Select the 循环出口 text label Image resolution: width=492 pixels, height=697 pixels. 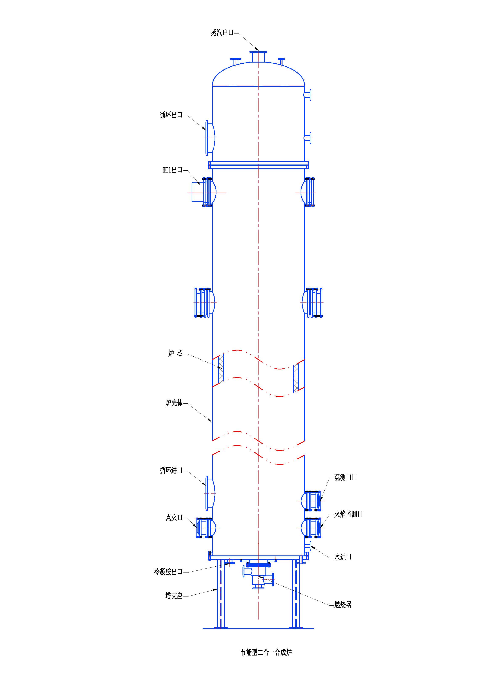[171, 115]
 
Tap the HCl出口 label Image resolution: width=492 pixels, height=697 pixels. [172, 170]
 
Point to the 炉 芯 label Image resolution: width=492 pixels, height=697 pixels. [175, 353]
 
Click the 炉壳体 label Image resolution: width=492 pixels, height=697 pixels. [174, 403]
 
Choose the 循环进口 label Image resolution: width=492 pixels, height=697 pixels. [171, 470]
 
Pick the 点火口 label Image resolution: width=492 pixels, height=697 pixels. [174, 518]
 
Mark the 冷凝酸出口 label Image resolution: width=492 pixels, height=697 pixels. [168, 572]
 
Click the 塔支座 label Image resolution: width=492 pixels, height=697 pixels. [174, 596]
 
